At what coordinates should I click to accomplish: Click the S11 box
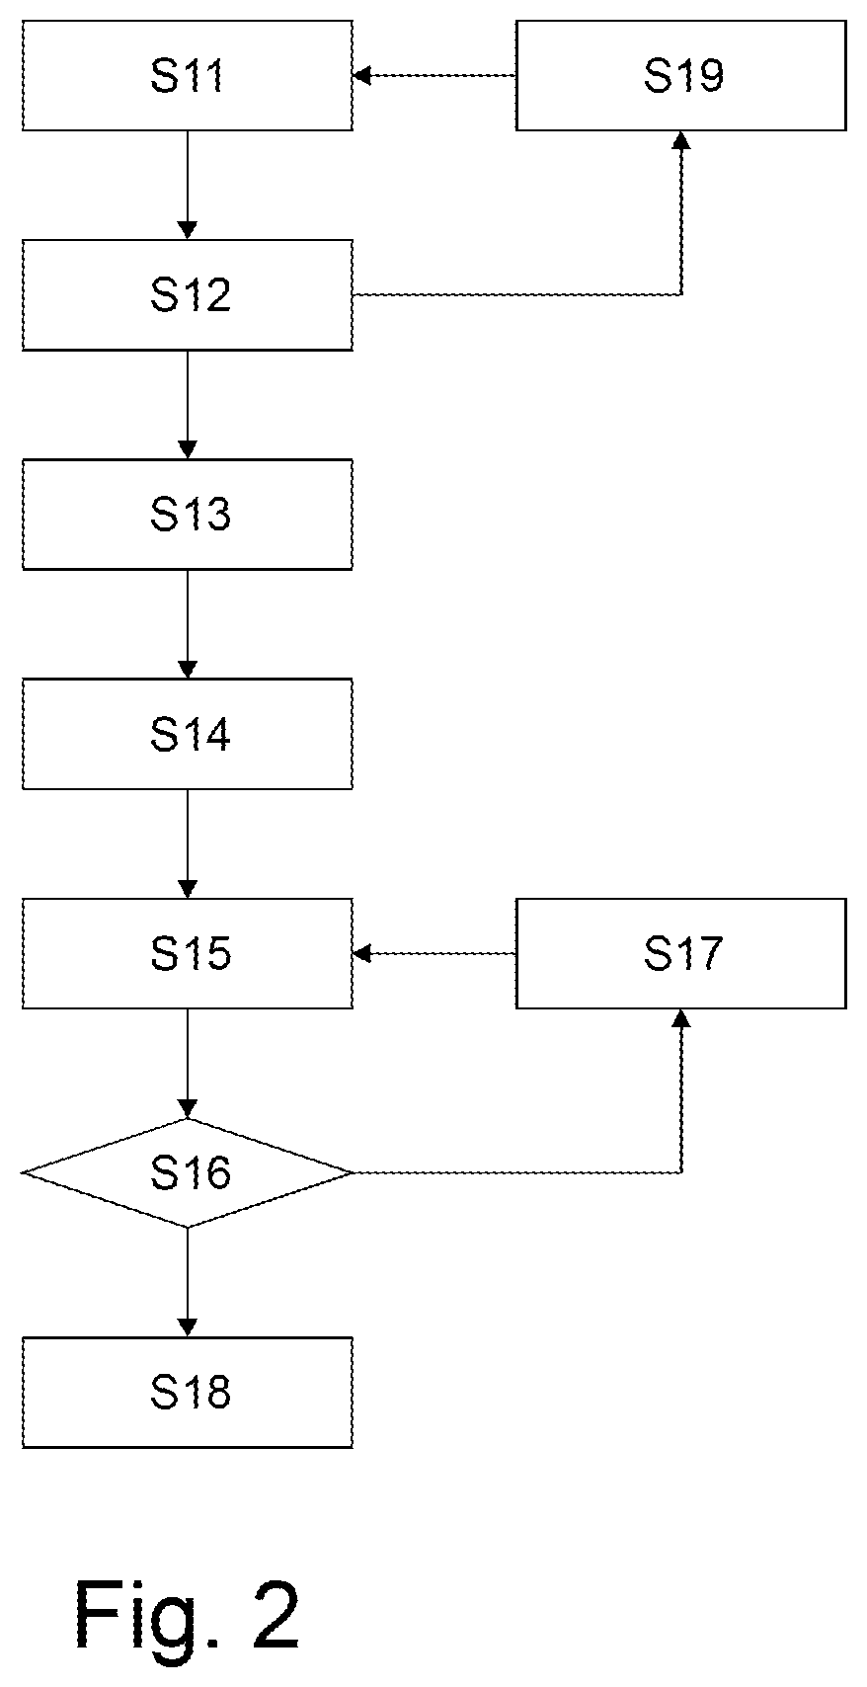coord(188,75)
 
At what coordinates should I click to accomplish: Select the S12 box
coord(188,295)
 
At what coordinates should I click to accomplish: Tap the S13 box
coord(188,515)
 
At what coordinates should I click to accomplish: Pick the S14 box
coord(188,734)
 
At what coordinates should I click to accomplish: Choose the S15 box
coord(188,953)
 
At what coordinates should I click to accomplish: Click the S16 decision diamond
coord(188,1172)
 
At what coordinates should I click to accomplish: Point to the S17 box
coord(681,953)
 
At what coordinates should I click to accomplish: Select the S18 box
coord(188,1393)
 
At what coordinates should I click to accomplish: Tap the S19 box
coord(681,75)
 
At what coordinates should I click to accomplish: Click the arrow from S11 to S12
coord(188,186)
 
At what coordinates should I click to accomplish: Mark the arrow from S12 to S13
coord(188,405)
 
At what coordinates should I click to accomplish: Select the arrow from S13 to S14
coord(188,624)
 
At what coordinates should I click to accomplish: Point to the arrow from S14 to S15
coord(188,844)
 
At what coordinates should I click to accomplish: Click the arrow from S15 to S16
coord(188,1064)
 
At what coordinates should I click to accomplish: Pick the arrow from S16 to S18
coord(188,1283)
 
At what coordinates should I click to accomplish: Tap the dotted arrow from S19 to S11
coord(434,75)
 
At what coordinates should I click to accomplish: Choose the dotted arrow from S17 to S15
coord(434,953)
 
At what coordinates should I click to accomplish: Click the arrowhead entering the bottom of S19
coord(681,139)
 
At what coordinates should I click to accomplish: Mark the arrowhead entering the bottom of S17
coord(681,1017)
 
